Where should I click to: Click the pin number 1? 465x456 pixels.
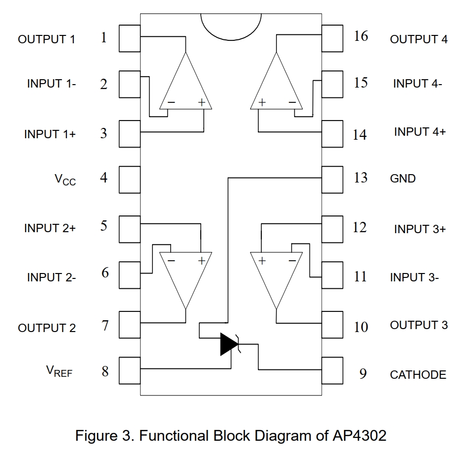(104, 38)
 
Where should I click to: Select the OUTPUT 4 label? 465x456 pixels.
(419, 39)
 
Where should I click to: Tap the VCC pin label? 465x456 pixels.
(65, 179)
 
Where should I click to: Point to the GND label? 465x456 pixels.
(403, 179)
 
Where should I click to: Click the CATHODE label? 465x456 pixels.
(418, 375)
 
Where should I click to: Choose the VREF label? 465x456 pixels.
(59, 372)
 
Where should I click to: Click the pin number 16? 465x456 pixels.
(361, 36)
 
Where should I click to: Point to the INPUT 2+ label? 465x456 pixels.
(50, 228)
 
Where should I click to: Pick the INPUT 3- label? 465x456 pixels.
(414, 277)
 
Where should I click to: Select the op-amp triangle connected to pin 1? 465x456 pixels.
(186, 84)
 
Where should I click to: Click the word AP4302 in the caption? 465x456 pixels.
(357, 436)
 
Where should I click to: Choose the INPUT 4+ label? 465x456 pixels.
(420, 132)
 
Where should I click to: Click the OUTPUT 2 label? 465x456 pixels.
(47, 328)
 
